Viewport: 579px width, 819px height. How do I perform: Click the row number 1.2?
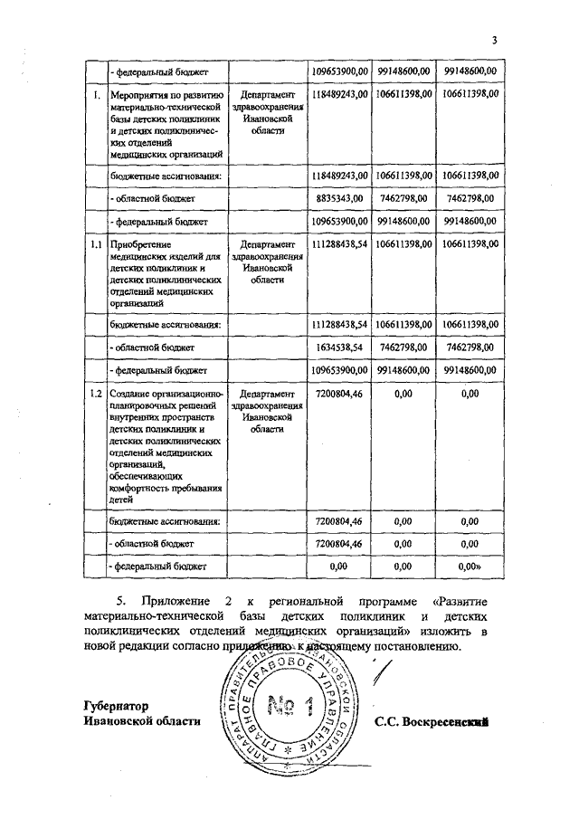tap(94, 395)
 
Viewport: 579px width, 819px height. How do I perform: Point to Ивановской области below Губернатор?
tap(140, 721)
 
